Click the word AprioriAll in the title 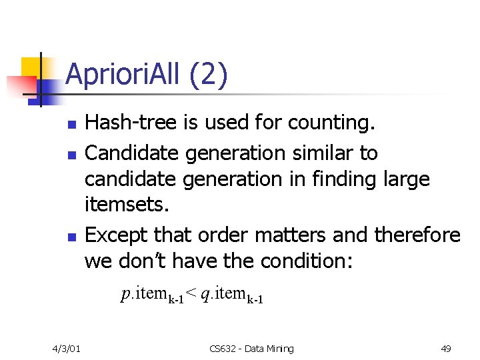point(125,75)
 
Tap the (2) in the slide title point(209,75)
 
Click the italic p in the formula point(125,294)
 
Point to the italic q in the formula point(205,294)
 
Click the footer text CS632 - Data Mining point(251,348)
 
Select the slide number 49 point(445,348)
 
